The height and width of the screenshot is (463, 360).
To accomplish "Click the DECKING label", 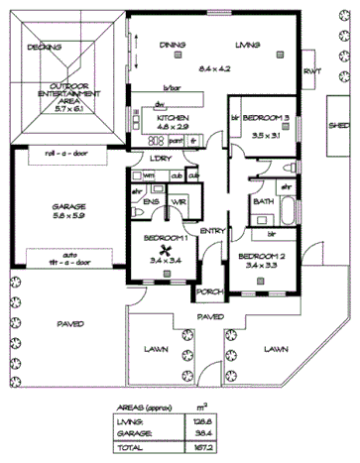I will [x=45, y=47].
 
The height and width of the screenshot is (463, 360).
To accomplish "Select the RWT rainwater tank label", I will [x=312, y=71].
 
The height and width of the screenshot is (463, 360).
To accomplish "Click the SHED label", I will [x=340, y=127].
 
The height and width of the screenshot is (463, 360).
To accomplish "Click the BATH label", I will [x=264, y=201].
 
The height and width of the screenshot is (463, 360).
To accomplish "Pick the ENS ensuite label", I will [x=152, y=202].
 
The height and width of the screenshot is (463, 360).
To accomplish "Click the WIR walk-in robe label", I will [x=180, y=202].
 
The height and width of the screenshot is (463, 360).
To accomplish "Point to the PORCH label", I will [x=208, y=293].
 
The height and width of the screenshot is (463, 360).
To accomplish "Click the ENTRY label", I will [x=211, y=231].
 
